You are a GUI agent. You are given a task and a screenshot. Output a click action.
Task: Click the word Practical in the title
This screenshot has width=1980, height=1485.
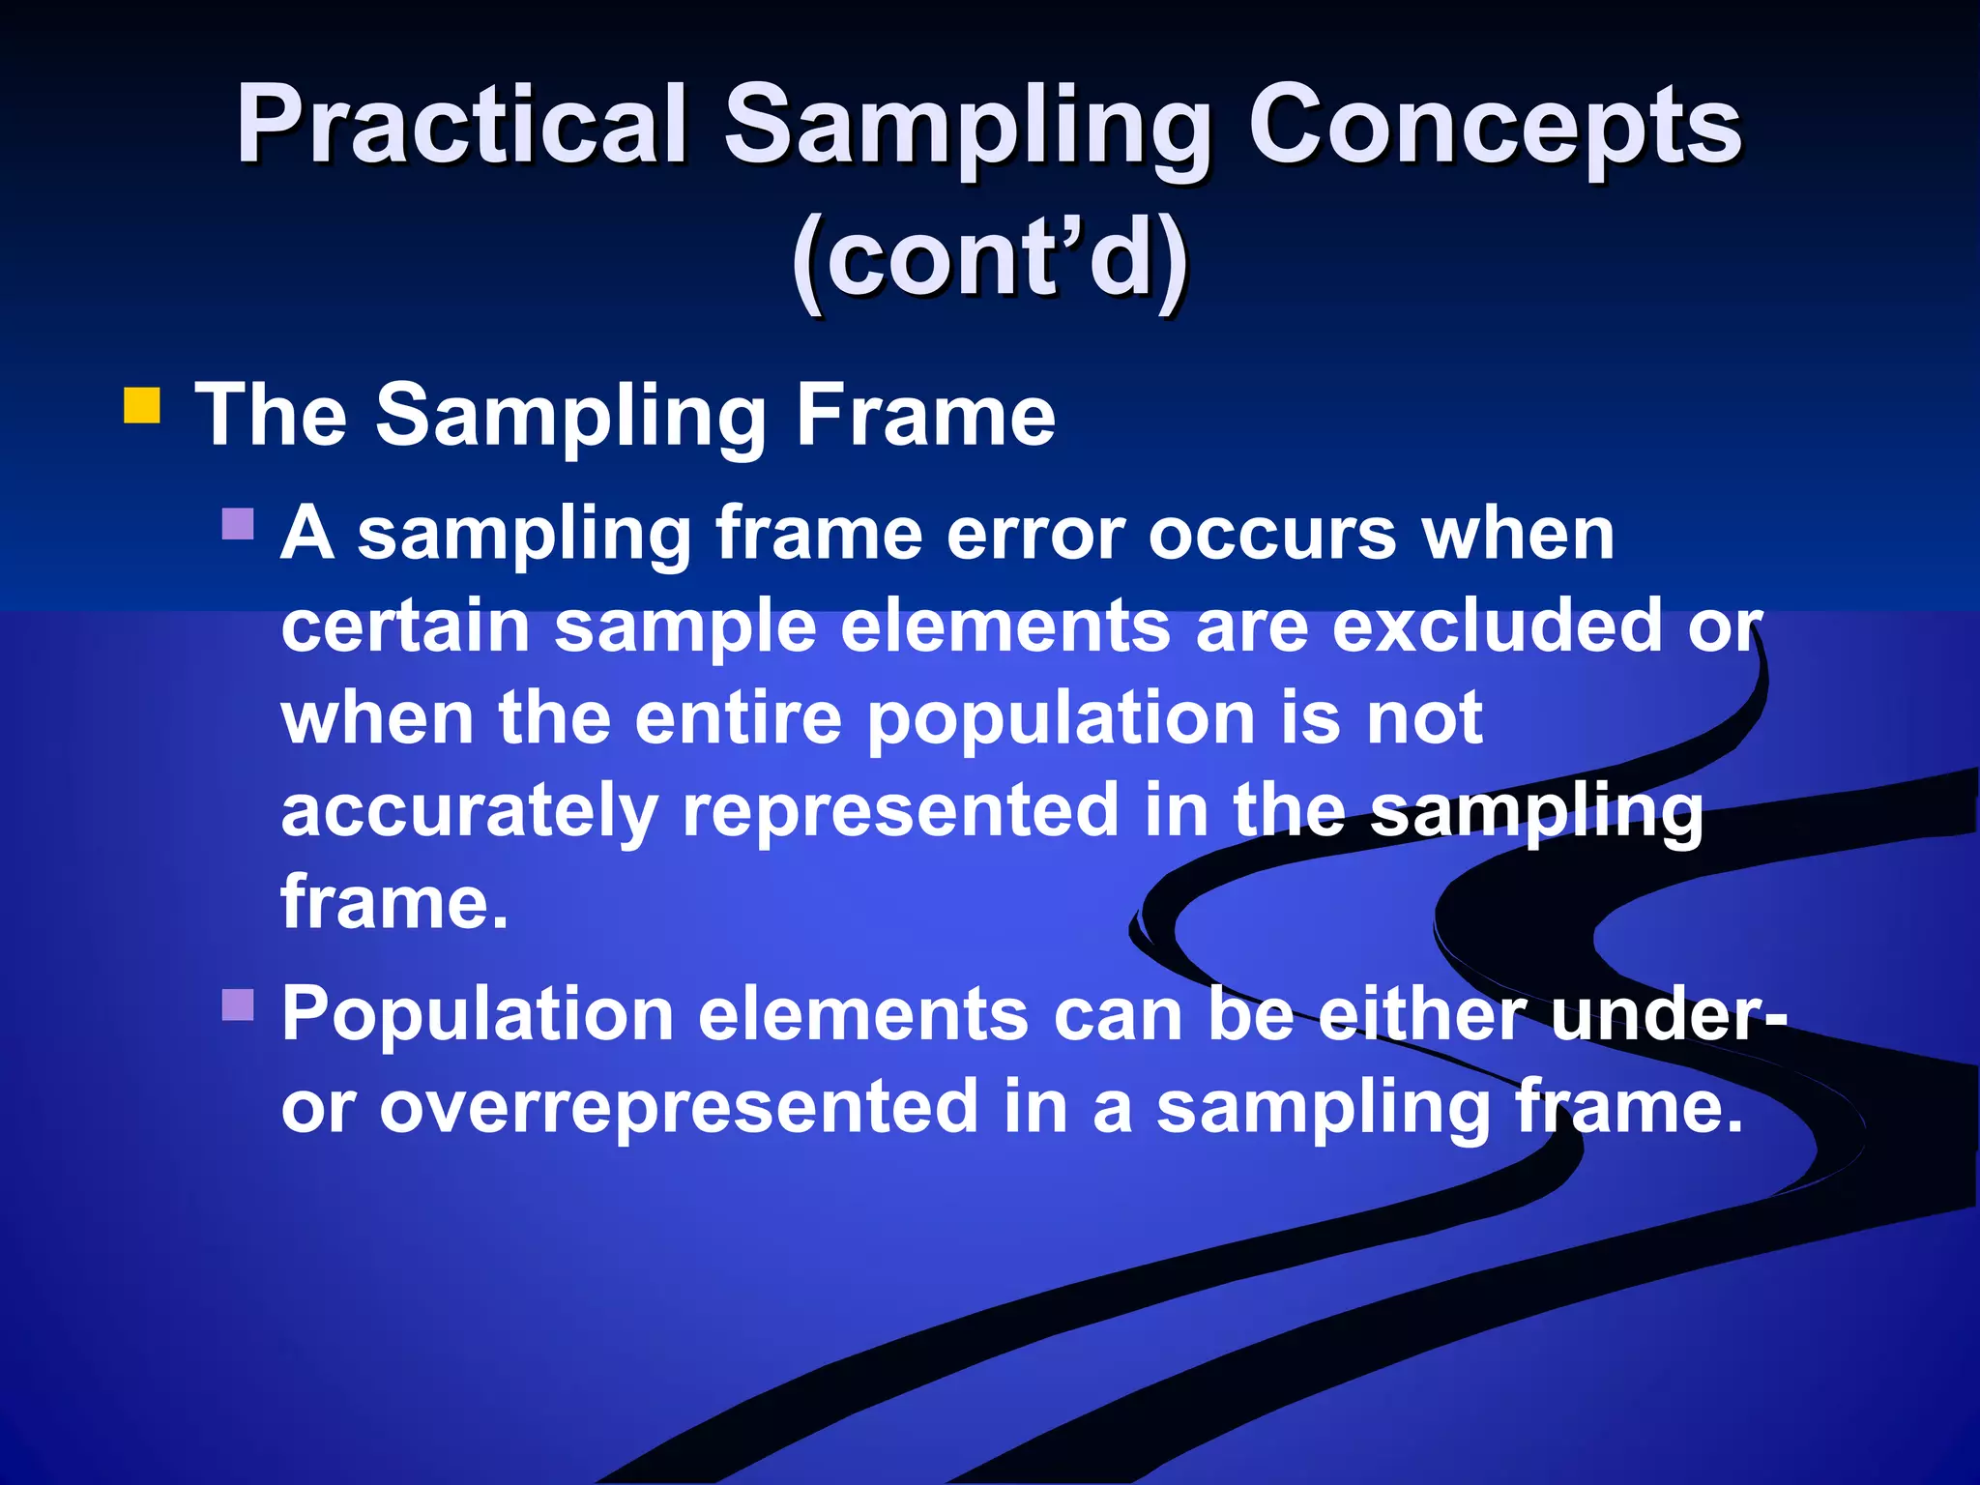click(x=462, y=126)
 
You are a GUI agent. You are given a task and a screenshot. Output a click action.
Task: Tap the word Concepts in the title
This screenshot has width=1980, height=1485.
click(x=1495, y=126)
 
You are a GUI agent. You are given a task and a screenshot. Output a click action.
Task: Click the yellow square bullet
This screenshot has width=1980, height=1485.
click(x=141, y=406)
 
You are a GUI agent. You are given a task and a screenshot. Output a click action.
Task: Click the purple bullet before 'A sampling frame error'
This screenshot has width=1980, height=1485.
click(x=237, y=524)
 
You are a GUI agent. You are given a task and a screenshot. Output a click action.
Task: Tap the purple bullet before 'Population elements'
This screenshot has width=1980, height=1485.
click(x=237, y=1005)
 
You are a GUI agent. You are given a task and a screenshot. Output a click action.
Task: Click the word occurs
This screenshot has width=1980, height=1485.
click(x=1272, y=534)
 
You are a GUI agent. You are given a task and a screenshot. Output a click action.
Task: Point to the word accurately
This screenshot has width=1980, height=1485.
click(x=469, y=812)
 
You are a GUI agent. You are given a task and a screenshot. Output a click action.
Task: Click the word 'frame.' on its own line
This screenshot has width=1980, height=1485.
click(x=393, y=901)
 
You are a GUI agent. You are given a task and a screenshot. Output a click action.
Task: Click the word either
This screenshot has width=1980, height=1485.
click(x=1421, y=1015)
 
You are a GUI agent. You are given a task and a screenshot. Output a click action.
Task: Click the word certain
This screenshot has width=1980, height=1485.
click(x=405, y=626)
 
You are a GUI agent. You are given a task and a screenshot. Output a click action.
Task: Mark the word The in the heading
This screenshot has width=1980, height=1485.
click(x=271, y=416)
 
